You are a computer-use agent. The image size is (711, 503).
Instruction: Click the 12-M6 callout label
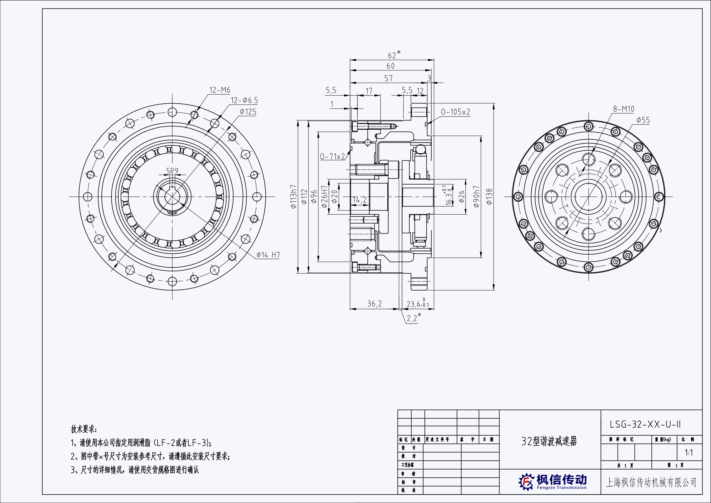coord(220,90)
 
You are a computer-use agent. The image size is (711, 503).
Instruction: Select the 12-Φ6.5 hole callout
coord(244,100)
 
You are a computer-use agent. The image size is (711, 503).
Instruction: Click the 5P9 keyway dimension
coord(172,171)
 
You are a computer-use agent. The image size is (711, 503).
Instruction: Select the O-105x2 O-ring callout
coord(455,112)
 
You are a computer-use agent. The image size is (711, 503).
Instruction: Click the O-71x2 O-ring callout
coord(332,157)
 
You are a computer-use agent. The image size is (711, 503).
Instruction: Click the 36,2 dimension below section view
coord(374,304)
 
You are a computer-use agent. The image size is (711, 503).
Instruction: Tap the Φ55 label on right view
coord(643,120)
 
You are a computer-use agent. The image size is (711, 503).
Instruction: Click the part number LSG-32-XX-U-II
coord(645,424)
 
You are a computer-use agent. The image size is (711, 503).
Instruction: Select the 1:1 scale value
coord(689,453)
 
